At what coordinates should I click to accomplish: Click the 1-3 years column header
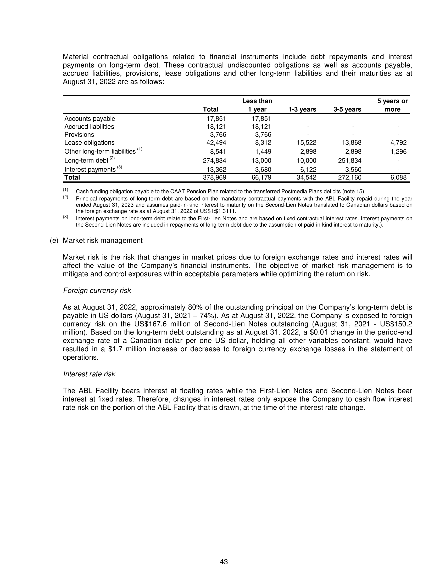pos(302,109)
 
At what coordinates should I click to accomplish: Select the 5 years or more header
pos(392,105)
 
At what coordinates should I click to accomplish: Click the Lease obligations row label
pos(89,143)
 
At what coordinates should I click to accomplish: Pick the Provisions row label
pos(79,135)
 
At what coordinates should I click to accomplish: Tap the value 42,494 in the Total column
pos(216,143)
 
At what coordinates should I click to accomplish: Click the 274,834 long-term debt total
pos(214,160)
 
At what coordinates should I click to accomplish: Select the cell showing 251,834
pos(349,160)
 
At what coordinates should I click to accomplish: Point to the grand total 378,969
pos(214,177)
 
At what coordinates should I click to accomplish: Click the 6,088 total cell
pos(398,177)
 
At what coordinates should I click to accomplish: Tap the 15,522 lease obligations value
pos(306,143)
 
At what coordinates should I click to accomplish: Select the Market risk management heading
pos(103,240)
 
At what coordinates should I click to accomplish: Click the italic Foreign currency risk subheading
pos(97,291)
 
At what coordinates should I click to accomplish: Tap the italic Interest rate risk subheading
pos(89,374)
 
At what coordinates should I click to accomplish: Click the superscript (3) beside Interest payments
pos(120,167)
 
